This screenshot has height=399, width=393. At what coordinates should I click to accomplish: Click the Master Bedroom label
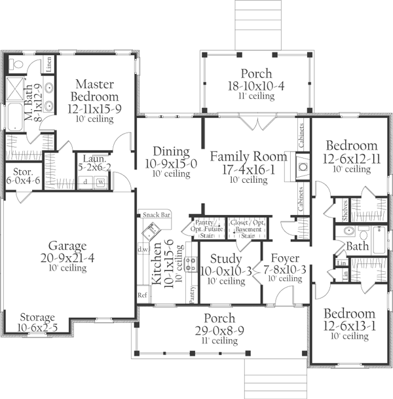pos(94,91)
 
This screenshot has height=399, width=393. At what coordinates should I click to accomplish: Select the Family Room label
pos(248,157)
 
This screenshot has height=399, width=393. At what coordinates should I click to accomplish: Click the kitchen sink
pos(151,231)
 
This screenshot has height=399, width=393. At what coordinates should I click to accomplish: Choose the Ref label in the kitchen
pos(141,295)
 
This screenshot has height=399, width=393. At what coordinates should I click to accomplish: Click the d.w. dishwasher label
pos(141,250)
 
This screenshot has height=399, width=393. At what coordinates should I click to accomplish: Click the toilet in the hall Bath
pos(347,233)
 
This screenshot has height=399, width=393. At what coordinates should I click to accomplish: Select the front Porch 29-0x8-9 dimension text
pos(219,332)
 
